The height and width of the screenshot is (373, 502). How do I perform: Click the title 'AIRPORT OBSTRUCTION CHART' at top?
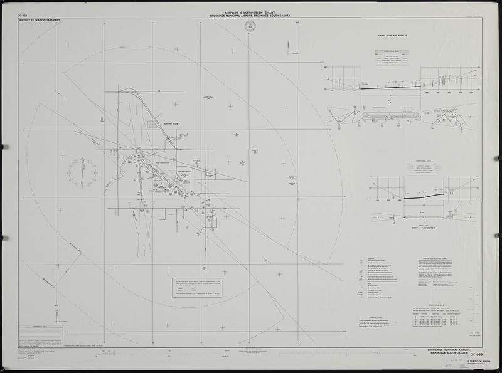pyautogui.click(x=250, y=12)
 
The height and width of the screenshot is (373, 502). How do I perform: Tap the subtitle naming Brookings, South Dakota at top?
pyautogui.click(x=250, y=16)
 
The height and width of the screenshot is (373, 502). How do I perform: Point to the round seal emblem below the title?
pyautogui.click(x=250, y=26)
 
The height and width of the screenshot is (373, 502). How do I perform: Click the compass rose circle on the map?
pyautogui.click(x=83, y=172)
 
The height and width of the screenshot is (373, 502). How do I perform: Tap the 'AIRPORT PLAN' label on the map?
pyautogui.click(x=171, y=125)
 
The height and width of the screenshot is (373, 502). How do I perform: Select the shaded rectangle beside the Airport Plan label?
pyautogui.click(x=152, y=124)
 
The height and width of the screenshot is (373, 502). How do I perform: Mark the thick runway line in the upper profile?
pyautogui.click(x=390, y=87)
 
